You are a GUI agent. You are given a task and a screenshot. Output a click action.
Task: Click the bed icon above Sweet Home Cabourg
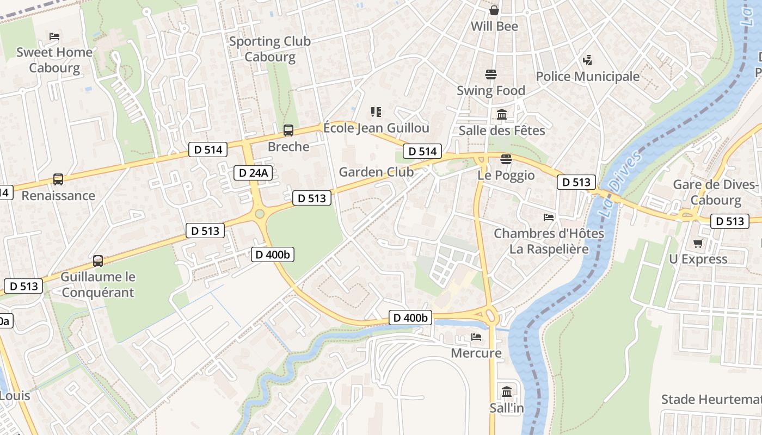pyautogui.click(x=54, y=36)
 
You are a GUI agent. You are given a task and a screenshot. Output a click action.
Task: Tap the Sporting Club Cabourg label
pyautogui.click(x=269, y=49)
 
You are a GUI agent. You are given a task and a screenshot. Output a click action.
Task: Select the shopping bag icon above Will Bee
pyautogui.click(x=494, y=10)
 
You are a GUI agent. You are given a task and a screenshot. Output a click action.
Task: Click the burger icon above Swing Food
pyautogui.click(x=491, y=74)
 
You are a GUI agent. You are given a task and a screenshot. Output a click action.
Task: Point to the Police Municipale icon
pyautogui.click(x=587, y=60)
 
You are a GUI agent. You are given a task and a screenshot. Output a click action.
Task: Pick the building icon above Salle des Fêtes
pyautogui.click(x=502, y=114)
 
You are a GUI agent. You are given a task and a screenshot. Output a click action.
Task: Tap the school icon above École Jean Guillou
pyautogui.click(x=376, y=112)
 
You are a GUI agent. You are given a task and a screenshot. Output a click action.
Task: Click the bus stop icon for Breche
pyautogui.click(x=288, y=130)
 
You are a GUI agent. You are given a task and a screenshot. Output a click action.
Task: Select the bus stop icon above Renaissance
pyautogui.click(x=58, y=179)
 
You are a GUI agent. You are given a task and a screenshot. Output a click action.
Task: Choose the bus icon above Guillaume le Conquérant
pyautogui.click(x=98, y=260)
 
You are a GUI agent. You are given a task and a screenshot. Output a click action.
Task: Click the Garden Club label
pyautogui.click(x=376, y=172)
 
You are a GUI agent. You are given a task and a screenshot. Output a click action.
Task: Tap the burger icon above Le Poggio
pyautogui.click(x=506, y=159)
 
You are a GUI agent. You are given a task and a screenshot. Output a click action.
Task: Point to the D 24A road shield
pyautogui.click(x=253, y=173)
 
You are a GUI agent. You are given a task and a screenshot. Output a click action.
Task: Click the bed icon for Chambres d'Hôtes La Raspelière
pyautogui.click(x=549, y=217)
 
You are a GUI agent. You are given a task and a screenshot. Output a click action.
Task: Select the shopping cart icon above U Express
pyautogui.click(x=698, y=243)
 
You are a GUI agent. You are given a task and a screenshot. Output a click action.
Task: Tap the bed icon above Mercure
pyautogui.click(x=476, y=337)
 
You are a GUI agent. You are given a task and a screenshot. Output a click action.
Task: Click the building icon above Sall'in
pyautogui.click(x=507, y=391)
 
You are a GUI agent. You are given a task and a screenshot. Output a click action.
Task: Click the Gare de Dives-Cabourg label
pyautogui.click(x=715, y=192)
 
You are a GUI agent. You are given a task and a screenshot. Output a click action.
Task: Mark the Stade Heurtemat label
pyautogui.click(x=711, y=400)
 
